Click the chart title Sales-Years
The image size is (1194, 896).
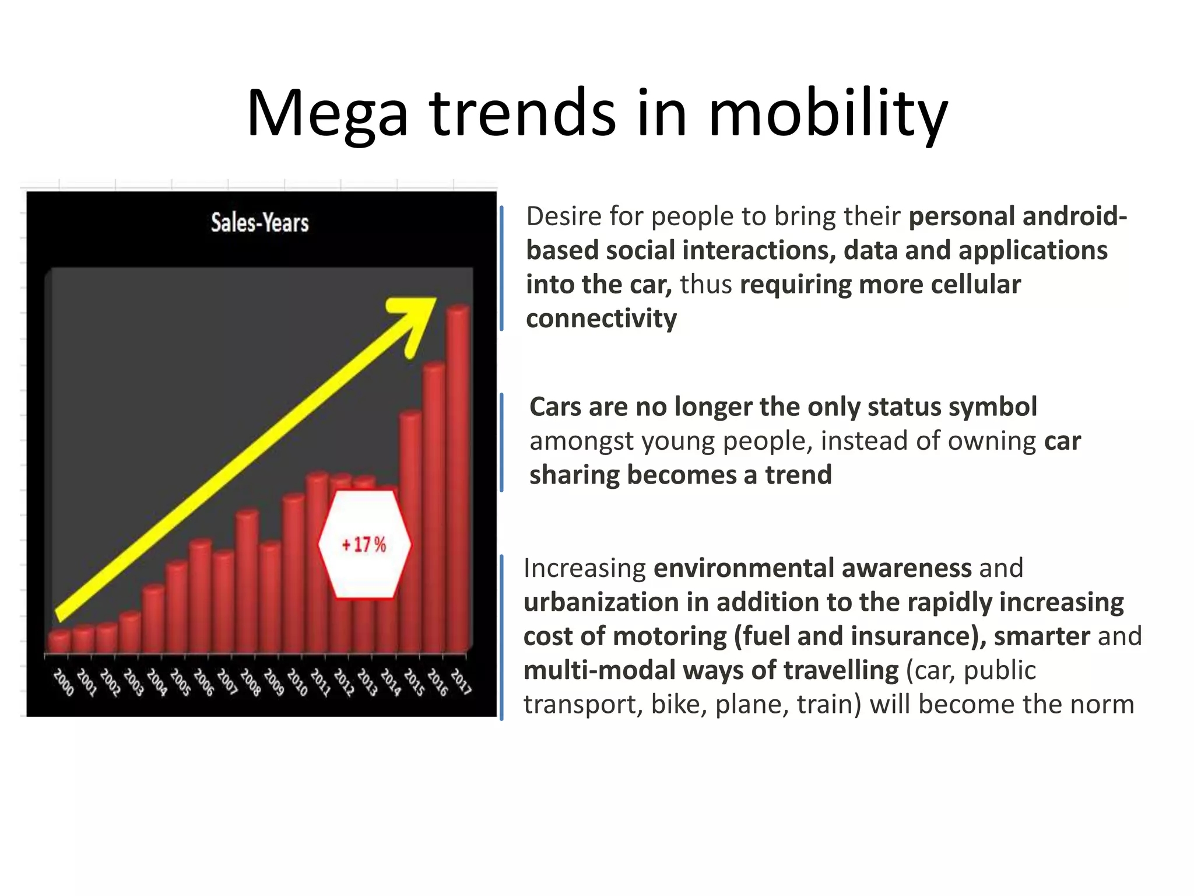[x=259, y=223]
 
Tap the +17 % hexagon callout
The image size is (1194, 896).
[x=365, y=544]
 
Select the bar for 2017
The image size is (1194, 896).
[x=458, y=478]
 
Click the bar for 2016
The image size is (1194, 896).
[x=434, y=508]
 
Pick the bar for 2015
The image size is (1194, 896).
[x=410, y=531]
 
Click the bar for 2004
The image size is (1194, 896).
[x=153, y=618]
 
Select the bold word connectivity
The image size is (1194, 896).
[x=601, y=318]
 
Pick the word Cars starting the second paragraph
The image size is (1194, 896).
[x=555, y=407]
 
